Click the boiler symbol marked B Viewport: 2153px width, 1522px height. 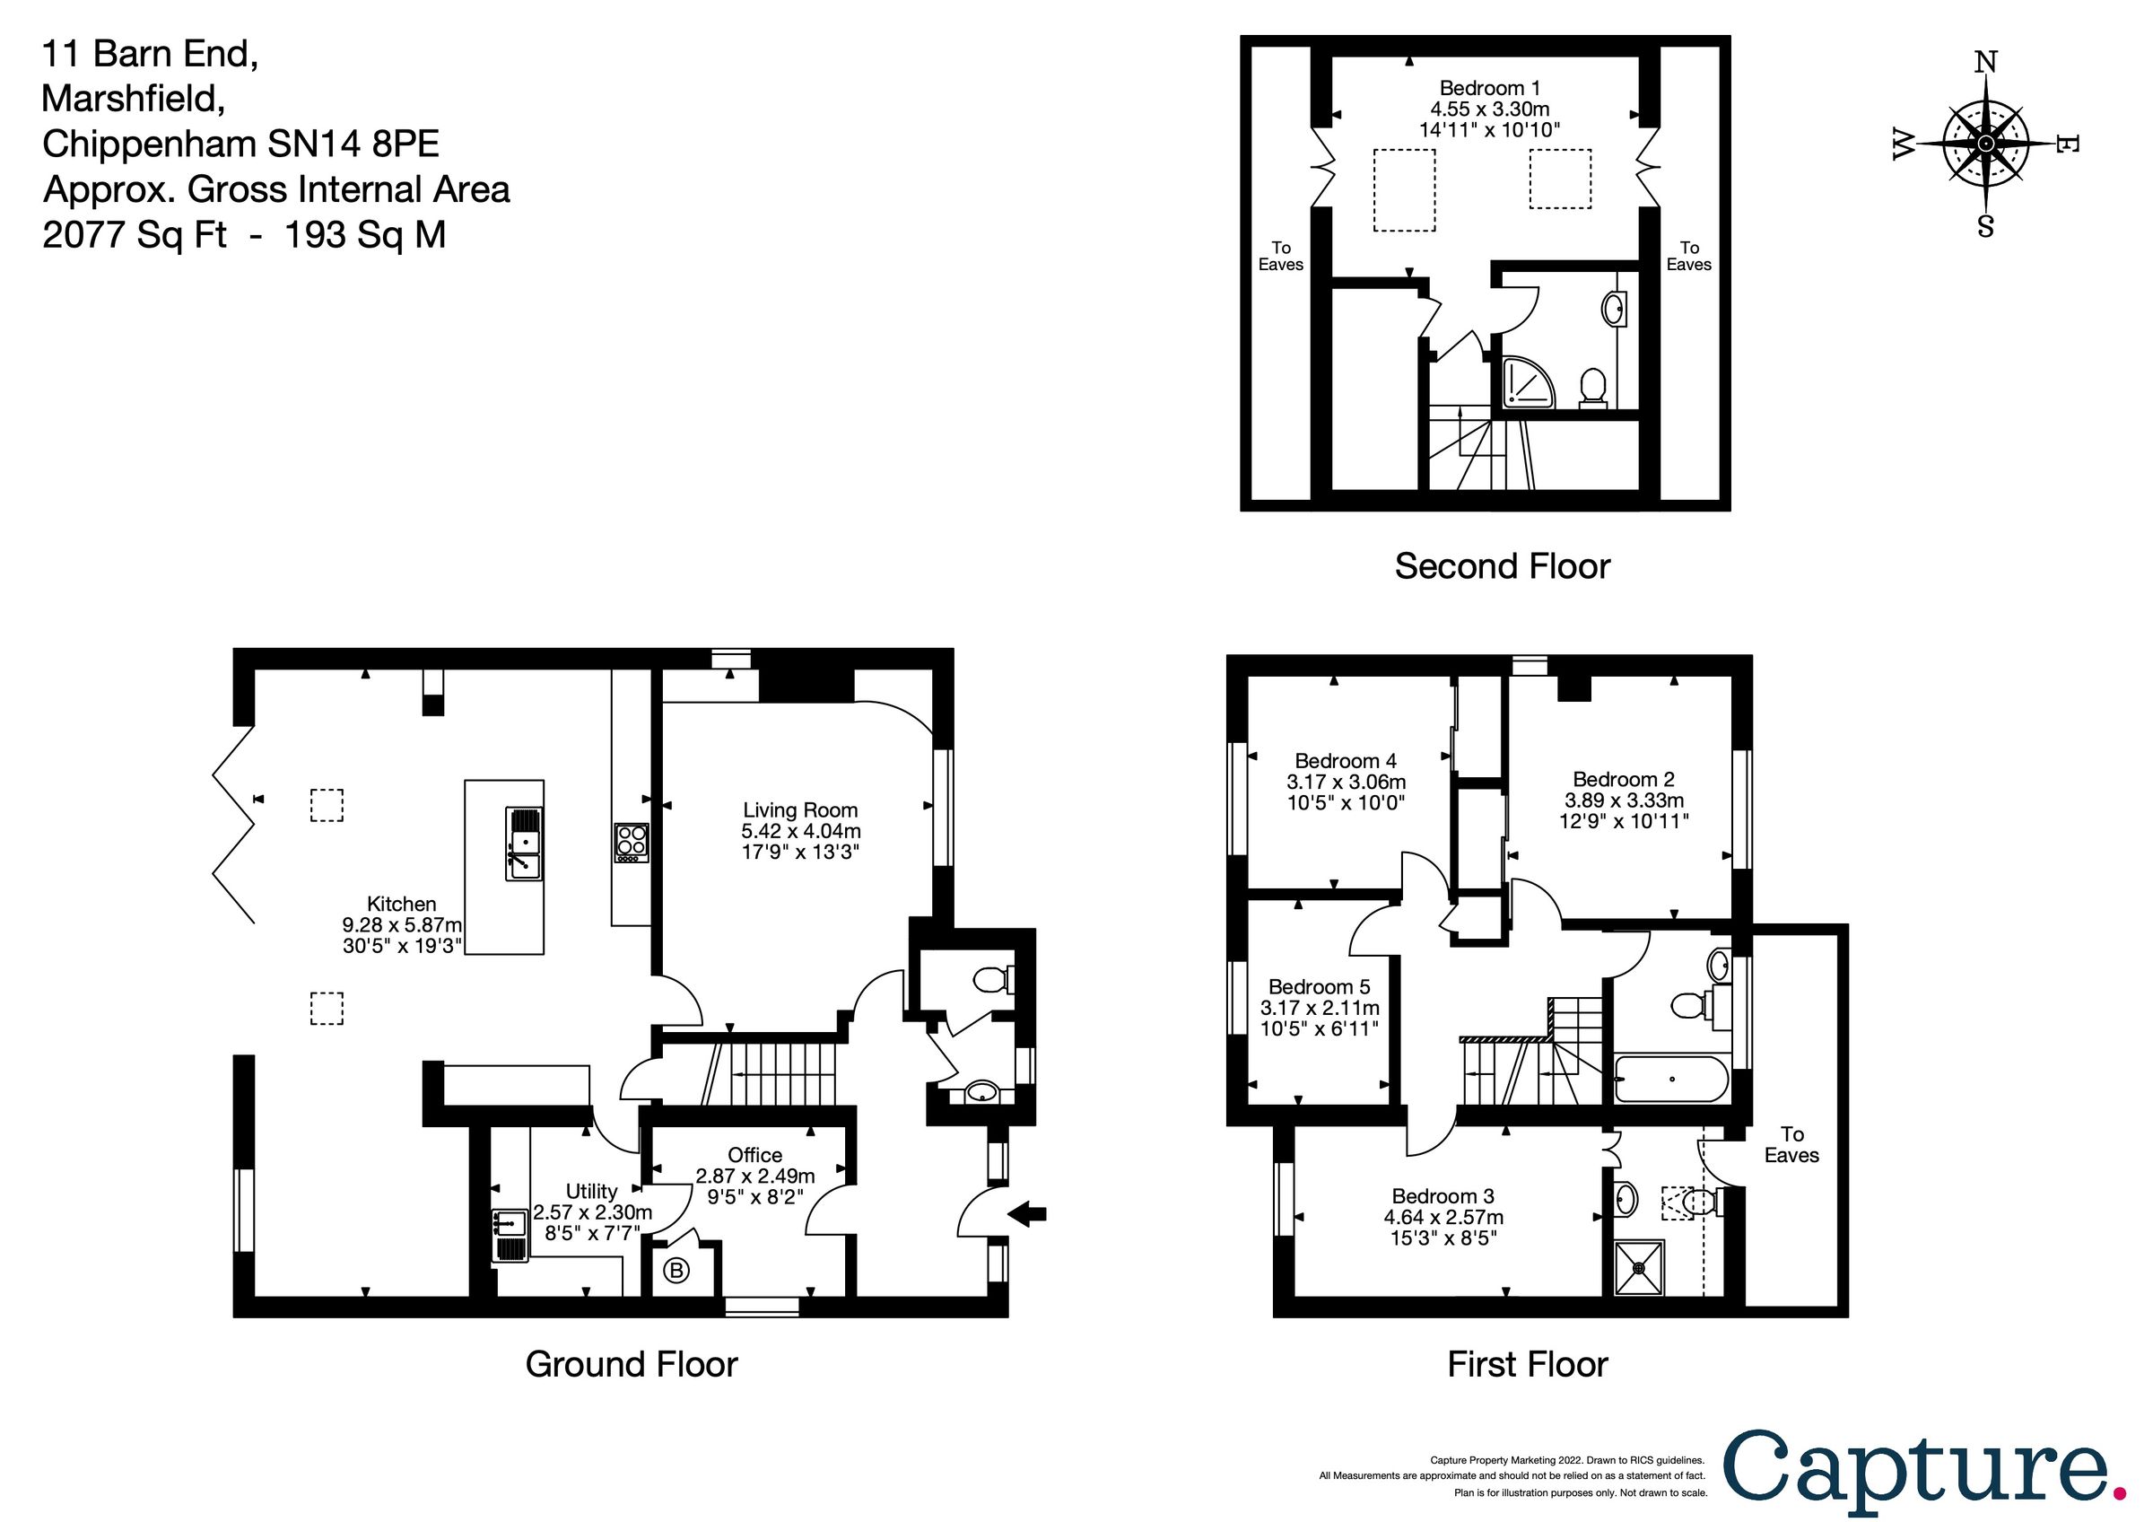point(676,1272)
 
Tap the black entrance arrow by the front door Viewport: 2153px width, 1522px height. point(1029,1213)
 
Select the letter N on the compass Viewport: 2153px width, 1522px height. point(1985,62)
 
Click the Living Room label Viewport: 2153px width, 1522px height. point(800,810)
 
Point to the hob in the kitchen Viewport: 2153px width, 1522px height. point(631,842)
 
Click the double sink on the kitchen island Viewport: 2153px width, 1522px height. point(524,843)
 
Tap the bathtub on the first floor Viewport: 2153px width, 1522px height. point(1671,1080)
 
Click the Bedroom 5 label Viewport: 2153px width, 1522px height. point(1319,986)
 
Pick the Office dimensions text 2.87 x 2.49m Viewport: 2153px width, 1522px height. point(754,1176)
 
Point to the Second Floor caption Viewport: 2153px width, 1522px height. point(1503,566)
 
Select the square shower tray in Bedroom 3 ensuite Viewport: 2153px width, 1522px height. point(1639,1268)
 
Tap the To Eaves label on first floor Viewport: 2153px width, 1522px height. point(1791,1145)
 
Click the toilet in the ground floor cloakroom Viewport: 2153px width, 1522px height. point(990,981)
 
